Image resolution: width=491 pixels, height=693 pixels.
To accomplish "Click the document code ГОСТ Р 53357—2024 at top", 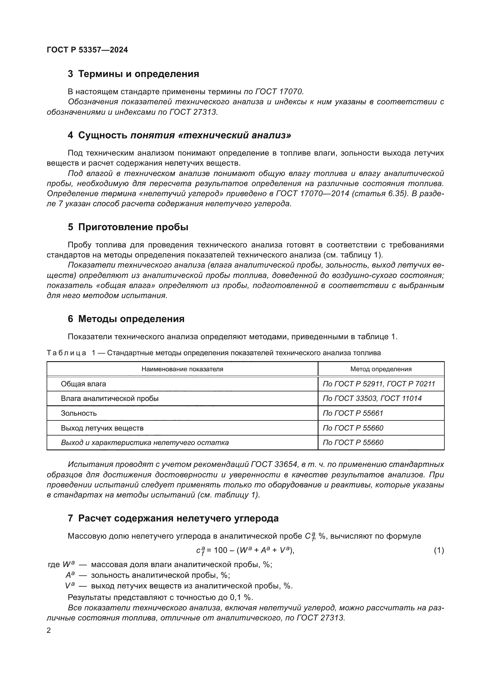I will pos(87,50).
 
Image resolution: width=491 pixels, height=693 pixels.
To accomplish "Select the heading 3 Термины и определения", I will pos(133,74).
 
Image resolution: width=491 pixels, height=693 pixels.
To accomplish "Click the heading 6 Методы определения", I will pos(126,319).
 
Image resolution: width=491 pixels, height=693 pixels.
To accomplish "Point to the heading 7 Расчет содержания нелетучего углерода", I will pos(173,518).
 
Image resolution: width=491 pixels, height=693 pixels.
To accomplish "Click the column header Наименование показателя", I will pos(182,369).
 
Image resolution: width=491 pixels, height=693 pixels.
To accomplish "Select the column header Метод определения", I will pos(381,369).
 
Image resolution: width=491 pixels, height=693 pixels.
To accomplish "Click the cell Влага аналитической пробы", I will pos(110,398).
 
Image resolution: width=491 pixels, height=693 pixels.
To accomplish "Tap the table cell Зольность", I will pos(79,413).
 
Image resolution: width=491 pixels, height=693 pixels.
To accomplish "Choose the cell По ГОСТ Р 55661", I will pos(353,413).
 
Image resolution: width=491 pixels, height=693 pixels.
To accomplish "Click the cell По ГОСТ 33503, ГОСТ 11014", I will pos(372,398).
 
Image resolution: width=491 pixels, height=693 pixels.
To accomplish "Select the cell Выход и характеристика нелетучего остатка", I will pos(145,442).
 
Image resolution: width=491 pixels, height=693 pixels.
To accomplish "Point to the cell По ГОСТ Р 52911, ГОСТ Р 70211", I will pos(379,384).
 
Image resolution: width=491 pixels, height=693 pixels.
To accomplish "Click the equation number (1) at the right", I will pos(439,550).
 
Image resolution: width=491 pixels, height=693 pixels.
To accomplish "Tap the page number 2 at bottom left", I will pos(49,631).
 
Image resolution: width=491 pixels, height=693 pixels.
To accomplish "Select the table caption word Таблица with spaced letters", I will pos(66,353).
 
